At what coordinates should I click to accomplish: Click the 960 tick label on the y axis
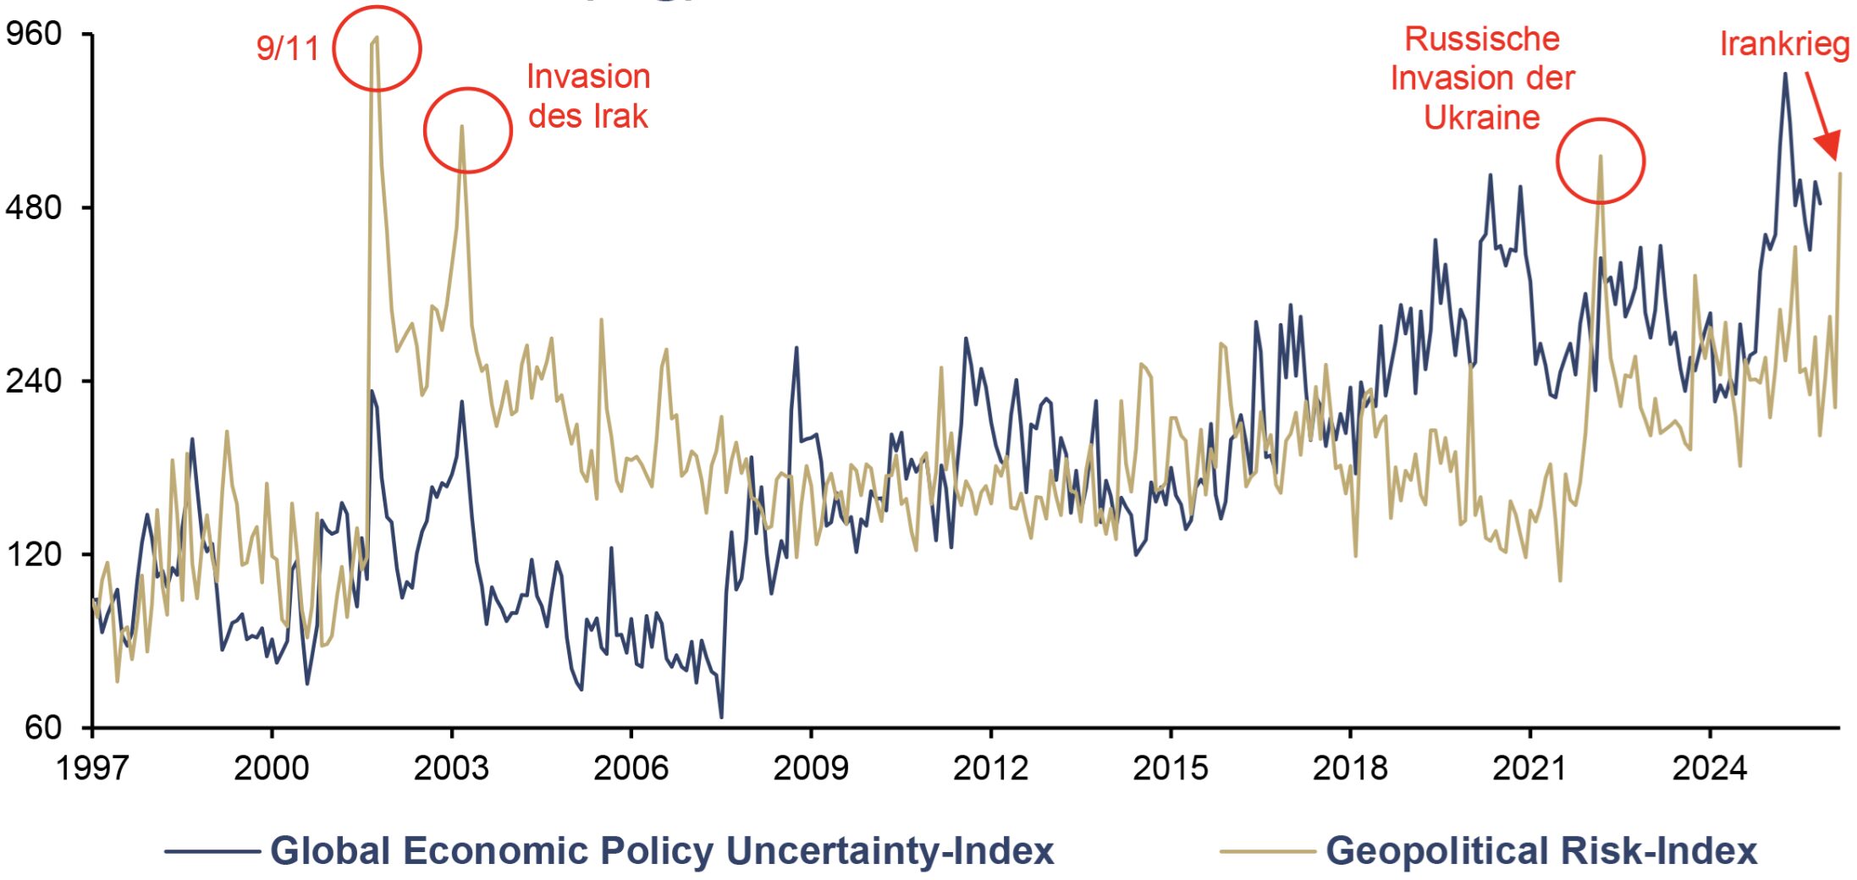(x=34, y=34)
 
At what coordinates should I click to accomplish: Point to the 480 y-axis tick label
(x=34, y=207)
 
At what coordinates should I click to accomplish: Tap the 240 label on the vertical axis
(x=34, y=381)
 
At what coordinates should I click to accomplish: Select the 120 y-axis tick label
(x=34, y=554)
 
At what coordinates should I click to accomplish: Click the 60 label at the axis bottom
(x=43, y=728)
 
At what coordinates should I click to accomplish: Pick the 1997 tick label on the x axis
(x=92, y=767)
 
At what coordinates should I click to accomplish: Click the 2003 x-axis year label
(x=451, y=767)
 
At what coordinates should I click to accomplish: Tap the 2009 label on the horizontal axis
(x=811, y=767)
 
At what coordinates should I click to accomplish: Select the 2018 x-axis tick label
(x=1350, y=767)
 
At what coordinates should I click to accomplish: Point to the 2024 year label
(x=1710, y=767)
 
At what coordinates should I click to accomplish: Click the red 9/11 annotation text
(x=288, y=48)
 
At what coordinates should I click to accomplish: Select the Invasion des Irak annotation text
(x=588, y=96)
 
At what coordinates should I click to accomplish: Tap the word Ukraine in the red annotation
(x=1482, y=117)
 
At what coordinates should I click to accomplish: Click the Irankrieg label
(x=1785, y=44)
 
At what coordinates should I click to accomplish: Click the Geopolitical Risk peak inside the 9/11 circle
(x=377, y=38)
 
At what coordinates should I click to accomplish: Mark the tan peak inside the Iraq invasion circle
(x=462, y=127)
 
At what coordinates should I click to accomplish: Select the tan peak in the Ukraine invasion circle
(x=1601, y=157)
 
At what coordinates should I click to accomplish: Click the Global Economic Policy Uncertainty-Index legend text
(x=662, y=850)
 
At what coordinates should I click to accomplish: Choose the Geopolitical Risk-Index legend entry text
(x=1541, y=850)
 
